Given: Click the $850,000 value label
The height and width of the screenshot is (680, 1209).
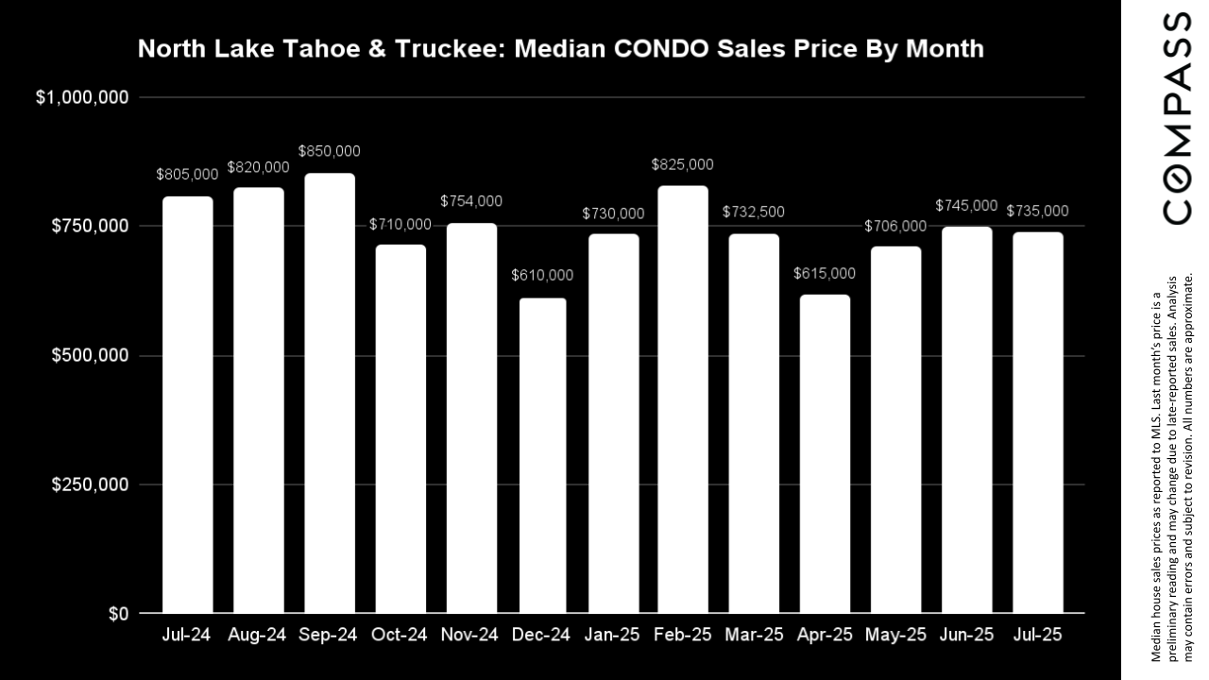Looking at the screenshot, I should pos(330,151).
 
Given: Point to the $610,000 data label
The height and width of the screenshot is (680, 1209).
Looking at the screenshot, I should pos(542,276).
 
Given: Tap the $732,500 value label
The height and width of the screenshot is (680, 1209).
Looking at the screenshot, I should pos(754,212).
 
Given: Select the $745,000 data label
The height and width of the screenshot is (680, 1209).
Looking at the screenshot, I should pos(966,205).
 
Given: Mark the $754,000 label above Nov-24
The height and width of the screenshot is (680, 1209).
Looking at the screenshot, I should pos(471,201).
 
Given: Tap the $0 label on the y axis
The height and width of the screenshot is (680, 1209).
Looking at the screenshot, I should pos(118,614).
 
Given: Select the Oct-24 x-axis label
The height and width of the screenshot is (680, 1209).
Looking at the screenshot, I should pos(400,636).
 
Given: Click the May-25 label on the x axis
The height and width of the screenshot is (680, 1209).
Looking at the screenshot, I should pos(895,636).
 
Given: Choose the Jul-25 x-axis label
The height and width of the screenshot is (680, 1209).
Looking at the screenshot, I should pos(1037,636).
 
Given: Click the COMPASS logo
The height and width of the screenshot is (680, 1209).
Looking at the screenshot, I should pos(1177,118).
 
